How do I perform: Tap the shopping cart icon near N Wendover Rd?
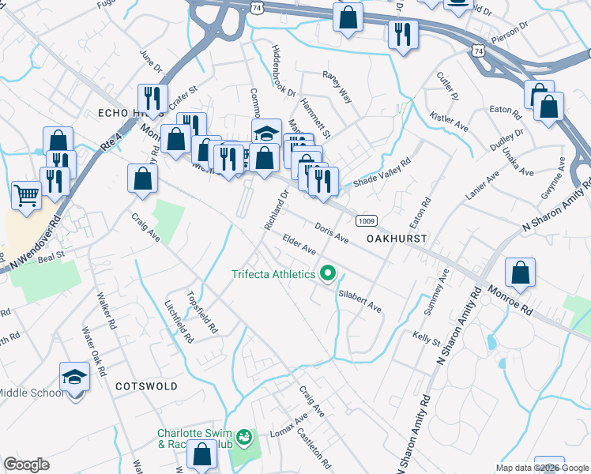coord(27,194)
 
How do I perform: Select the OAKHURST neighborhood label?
coord(397,238)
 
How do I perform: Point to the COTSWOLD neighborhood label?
coord(143,386)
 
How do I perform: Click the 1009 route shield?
coord(365,220)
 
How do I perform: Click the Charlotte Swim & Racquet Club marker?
coord(244,436)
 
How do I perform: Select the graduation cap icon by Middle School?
coord(74,376)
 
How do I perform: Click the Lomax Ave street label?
coord(289,428)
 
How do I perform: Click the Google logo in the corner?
coord(27,465)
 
